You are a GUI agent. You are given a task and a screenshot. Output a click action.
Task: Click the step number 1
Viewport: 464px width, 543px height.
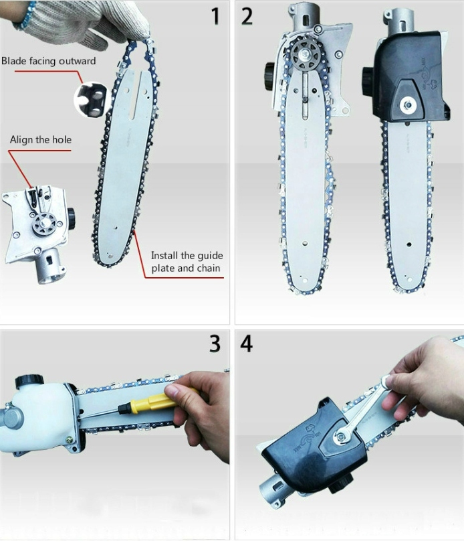click(215, 16)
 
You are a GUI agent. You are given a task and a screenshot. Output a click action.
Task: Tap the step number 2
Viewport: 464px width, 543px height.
click(247, 16)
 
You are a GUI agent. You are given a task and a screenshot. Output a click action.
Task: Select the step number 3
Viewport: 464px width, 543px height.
click(215, 343)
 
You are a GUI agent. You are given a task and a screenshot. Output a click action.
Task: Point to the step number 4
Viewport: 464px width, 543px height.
click(246, 343)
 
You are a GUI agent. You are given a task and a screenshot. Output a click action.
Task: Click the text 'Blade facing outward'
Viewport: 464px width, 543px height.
click(48, 61)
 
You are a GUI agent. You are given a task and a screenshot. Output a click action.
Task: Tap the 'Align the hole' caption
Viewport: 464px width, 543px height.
click(41, 139)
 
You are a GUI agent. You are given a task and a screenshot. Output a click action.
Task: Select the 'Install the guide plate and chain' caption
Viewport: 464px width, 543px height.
click(187, 262)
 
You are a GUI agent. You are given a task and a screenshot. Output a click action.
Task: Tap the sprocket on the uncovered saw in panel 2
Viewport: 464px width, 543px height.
click(306, 54)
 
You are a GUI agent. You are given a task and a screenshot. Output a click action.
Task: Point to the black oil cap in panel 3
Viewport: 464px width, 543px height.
click(29, 382)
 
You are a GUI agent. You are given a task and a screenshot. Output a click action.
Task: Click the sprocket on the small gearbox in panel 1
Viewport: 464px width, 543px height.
click(45, 225)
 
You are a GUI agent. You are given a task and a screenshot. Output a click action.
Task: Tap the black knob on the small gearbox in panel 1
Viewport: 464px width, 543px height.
click(72, 218)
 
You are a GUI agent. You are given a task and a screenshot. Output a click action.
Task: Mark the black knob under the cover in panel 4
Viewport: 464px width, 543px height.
click(340, 482)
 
